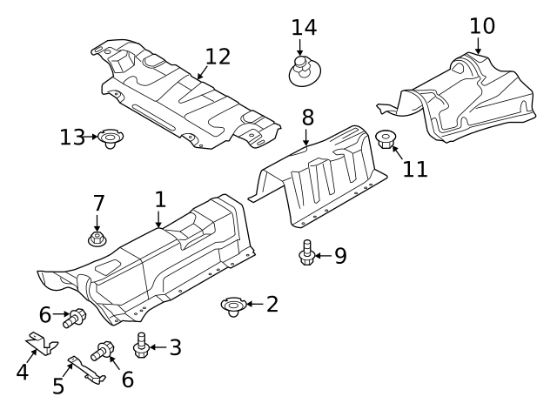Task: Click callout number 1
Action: pyautogui.click(x=160, y=199)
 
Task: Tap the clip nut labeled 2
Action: pyautogui.click(x=232, y=306)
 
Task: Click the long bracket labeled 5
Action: pyautogui.click(x=88, y=366)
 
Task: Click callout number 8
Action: pyautogui.click(x=308, y=117)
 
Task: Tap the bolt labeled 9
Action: pyautogui.click(x=306, y=254)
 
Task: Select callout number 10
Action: pyautogui.click(x=481, y=26)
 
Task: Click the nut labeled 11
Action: pyautogui.click(x=386, y=138)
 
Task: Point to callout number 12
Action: pyautogui.click(x=218, y=57)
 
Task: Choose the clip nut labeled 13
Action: pyautogui.click(x=111, y=138)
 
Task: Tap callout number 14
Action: pyautogui.click(x=304, y=27)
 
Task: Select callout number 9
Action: pyautogui.click(x=339, y=256)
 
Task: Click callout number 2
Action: pyautogui.click(x=272, y=304)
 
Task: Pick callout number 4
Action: pyautogui.click(x=23, y=372)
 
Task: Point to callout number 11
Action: pyautogui.click(x=415, y=168)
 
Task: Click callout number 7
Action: pyautogui.click(x=98, y=204)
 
